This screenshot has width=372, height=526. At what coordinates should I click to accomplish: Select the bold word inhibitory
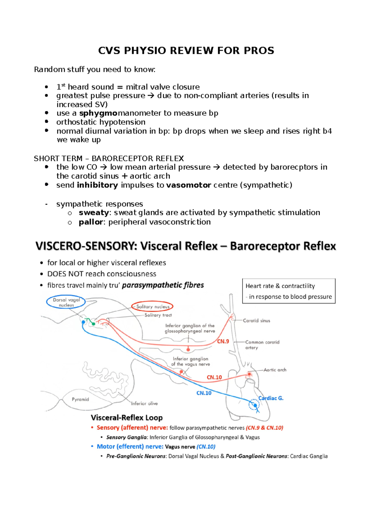point(97,185)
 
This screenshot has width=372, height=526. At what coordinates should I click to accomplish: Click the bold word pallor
point(91,222)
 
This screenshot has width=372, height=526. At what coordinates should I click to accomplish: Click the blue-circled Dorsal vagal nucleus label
point(66,302)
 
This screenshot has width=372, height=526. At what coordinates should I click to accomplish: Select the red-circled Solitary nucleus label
point(153,307)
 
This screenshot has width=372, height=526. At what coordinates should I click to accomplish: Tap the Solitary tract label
point(158,315)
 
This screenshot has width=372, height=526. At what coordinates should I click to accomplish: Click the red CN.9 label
point(223,341)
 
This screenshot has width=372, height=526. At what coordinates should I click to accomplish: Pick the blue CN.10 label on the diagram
point(204,393)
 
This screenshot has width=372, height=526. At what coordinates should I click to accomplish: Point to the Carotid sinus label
point(256,321)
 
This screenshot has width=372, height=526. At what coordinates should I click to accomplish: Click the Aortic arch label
point(275,370)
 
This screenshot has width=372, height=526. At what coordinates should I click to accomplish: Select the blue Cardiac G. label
point(271,398)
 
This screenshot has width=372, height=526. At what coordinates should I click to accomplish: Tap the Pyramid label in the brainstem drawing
point(80,399)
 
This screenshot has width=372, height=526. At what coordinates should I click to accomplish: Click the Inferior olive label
point(144,403)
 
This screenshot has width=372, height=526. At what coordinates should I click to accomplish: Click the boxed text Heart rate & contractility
point(280,286)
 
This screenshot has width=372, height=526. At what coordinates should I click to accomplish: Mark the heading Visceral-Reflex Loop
point(126,418)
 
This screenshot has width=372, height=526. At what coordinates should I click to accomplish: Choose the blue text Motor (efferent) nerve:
point(130,446)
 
